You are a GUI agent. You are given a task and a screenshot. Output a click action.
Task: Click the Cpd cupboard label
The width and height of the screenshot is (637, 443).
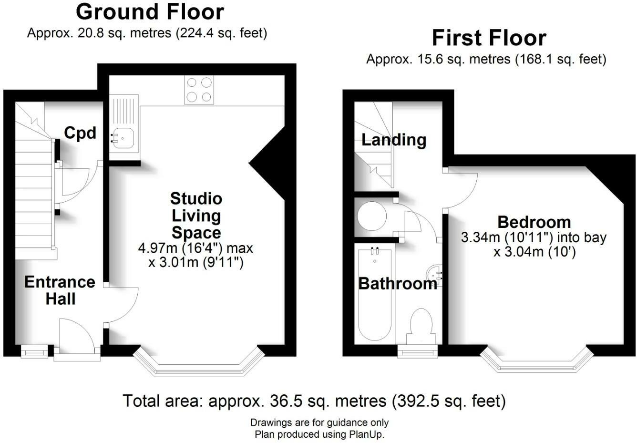pyautogui.click(x=80, y=133)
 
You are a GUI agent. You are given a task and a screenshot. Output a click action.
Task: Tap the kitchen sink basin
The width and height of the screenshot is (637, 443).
pyautogui.click(x=123, y=138)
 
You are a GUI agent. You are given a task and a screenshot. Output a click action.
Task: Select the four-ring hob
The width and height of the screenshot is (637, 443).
pyautogui.click(x=199, y=90)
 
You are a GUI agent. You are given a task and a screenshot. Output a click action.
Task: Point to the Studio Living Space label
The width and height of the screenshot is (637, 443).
pyautogui.click(x=196, y=216)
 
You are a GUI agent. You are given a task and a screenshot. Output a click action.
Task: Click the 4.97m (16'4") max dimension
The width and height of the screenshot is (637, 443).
pyautogui.click(x=195, y=248)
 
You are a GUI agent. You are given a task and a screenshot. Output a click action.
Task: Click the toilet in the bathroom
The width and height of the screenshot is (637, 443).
pyautogui.click(x=421, y=324)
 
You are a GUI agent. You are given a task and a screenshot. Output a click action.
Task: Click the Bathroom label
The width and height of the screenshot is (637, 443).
pyautogui.click(x=397, y=284)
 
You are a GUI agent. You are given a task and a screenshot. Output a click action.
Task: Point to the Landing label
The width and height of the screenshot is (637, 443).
pyautogui.click(x=394, y=140)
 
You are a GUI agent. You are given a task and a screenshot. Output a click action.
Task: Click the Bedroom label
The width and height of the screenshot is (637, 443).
pyautogui.click(x=534, y=222)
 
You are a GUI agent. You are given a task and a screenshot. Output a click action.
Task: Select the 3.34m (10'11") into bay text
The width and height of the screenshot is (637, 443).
pyautogui.click(x=534, y=237)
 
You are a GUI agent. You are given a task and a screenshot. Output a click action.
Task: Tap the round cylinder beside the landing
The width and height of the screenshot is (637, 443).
pyautogui.click(x=372, y=217)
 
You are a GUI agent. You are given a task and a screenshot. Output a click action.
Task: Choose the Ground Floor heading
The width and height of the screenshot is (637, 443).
pyautogui.click(x=150, y=12)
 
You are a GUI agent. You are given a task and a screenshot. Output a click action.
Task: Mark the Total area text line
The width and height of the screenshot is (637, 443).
pyautogui.click(x=314, y=401)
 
